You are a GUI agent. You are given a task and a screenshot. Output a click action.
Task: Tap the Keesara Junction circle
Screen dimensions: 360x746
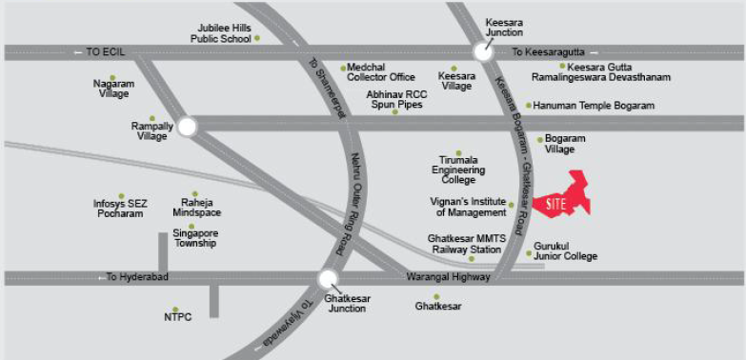(484, 52)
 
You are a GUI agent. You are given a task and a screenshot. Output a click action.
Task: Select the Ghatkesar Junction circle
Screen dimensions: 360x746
(328, 279)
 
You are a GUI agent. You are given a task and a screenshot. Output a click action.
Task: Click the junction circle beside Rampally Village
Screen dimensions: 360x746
(187, 125)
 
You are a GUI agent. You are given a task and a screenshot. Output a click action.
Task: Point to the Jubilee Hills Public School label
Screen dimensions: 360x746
(220, 33)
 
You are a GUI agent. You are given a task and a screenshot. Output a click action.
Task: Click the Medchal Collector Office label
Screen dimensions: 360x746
(381, 72)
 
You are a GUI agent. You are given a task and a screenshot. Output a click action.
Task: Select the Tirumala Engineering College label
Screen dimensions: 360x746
(457, 170)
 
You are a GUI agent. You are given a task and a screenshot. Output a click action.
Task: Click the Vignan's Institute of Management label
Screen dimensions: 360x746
(469, 207)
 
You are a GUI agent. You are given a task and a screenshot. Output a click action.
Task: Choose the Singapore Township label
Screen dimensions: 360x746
(195, 238)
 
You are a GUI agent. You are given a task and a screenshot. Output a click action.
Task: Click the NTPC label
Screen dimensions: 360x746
(177, 317)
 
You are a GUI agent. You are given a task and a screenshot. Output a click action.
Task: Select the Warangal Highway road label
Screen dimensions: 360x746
(447, 277)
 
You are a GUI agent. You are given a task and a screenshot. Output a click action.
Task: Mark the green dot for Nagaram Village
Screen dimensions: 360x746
(112, 77)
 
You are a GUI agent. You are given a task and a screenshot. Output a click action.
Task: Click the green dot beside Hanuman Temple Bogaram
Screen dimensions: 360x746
(529, 105)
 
